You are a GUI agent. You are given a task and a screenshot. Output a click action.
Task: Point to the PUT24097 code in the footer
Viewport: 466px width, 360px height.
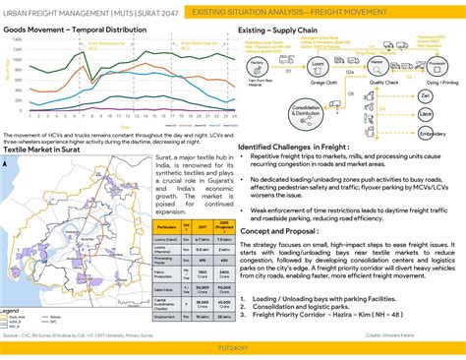(233, 348)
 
